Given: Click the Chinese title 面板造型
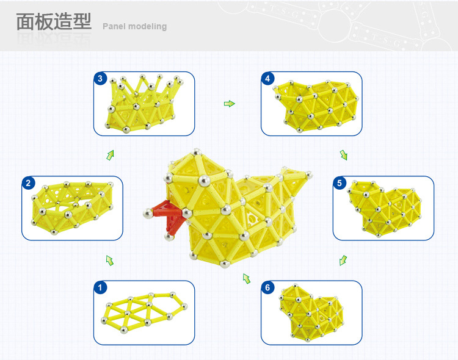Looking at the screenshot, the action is (x=53, y=23).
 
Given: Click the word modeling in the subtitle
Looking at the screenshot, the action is (x=147, y=27).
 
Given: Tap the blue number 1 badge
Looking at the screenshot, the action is (x=101, y=287).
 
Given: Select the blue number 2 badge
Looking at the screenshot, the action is (x=29, y=182).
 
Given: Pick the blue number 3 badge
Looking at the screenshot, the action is (x=101, y=78).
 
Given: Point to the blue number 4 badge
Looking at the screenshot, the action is (x=267, y=78).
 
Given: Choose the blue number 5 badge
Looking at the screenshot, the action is (x=340, y=182).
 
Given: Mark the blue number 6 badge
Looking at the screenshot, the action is (x=267, y=287).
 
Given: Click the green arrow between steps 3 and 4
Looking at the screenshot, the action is (x=229, y=104).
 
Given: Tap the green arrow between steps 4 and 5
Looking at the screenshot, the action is (x=344, y=155).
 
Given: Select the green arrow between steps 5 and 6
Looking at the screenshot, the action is (x=343, y=261).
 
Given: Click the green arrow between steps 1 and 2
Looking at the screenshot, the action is (x=110, y=261).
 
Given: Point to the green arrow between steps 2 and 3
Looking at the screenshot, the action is (x=110, y=155).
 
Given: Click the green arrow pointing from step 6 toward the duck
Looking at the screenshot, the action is (x=247, y=279).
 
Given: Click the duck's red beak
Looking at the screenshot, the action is (x=168, y=215).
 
